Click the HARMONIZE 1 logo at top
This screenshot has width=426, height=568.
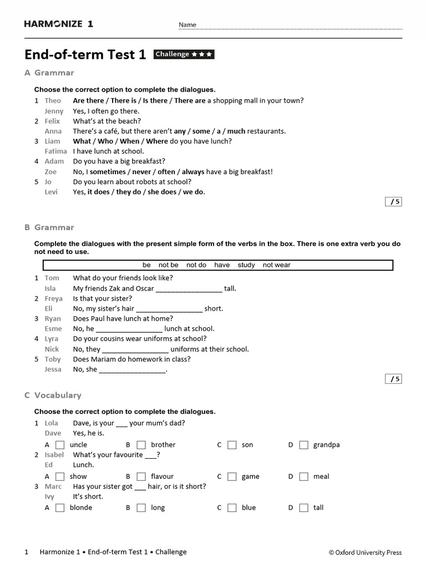click(x=59, y=24)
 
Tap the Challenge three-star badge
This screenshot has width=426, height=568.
click(x=184, y=54)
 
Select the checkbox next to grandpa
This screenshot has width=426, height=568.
click(x=303, y=445)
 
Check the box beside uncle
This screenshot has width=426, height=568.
click(x=60, y=445)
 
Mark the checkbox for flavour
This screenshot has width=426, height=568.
click(x=141, y=476)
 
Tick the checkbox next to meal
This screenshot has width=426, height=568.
click(x=303, y=476)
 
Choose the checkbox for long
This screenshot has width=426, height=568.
click(x=141, y=508)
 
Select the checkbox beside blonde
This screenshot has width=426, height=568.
click(x=60, y=508)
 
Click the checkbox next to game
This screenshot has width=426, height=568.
click(x=232, y=476)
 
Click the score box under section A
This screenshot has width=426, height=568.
click(x=393, y=202)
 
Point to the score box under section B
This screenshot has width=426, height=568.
click(x=393, y=379)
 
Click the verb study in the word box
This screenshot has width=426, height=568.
click(x=246, y=265)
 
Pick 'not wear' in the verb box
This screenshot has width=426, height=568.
click(x=276, y=265)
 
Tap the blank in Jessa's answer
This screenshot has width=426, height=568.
click(x=132, y=369)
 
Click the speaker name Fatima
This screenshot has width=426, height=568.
click(x=55, y=151)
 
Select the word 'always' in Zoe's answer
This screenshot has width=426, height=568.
click(x=193, y=172)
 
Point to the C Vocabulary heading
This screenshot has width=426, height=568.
click(x=53, y=395)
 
